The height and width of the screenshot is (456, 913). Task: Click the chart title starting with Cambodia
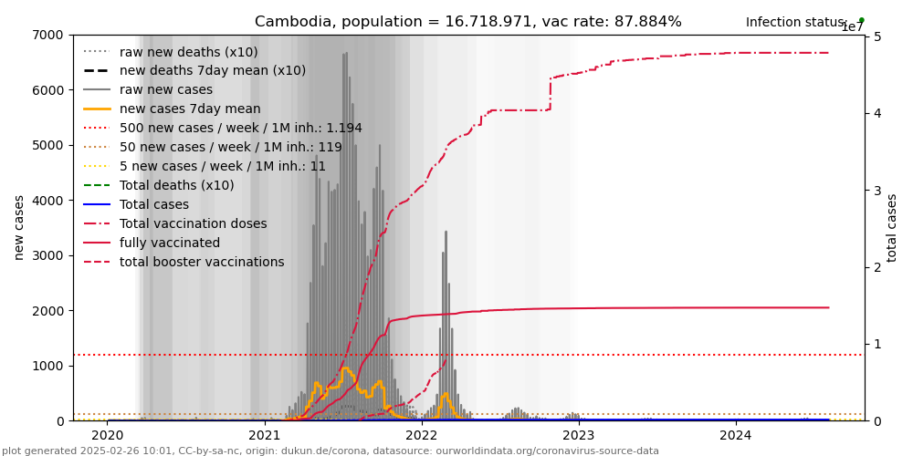pos(467,22)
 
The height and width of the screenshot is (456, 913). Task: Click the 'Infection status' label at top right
pos(795,23)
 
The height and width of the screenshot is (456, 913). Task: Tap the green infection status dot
pos(861,20)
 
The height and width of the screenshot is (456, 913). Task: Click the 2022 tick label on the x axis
pos(422,436)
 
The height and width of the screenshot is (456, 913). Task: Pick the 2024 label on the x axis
pos(736,436)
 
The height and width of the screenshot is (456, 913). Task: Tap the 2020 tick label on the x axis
pos(107,436)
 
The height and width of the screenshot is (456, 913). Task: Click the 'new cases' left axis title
pos(18,227)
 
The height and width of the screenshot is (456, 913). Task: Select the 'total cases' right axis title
pos(892,227)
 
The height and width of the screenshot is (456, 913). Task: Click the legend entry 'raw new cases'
pos(165,90)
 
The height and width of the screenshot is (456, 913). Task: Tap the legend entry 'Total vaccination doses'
pos(193,224)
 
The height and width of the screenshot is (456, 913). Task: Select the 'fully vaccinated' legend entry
pos(170,244)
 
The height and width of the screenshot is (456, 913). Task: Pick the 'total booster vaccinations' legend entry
pos(202,263)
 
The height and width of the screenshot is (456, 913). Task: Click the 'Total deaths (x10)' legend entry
pos(176,186)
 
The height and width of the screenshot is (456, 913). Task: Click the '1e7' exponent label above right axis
pos(852,27)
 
